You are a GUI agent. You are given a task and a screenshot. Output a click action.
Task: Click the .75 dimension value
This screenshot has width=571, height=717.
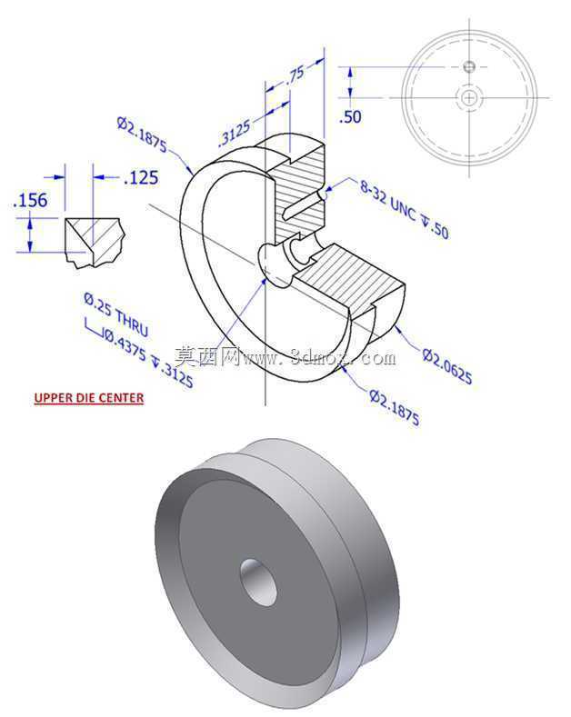pyautogui.click(x=296, y=75)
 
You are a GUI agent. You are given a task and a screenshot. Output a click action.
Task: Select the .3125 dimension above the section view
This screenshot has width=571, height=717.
pyautogui.click(x=235, y=133)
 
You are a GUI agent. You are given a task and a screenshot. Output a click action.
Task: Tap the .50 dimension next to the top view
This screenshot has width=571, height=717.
pyautogui.click(x=350, y=116)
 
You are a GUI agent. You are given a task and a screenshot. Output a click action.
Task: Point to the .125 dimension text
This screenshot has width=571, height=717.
pyautogui.click(x=141, y=177)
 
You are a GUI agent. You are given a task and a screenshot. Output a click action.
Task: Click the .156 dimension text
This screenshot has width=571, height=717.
pyautogui.click(x=30, y=200)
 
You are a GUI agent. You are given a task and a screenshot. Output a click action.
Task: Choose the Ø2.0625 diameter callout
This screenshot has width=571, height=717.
pyautogui.click(x=447, y=366)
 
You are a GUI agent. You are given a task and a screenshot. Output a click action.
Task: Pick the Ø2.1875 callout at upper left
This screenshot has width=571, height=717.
pyautogui.click(x=142, y=134)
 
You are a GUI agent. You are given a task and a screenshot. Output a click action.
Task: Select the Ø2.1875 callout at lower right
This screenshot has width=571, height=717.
pyautogui.click(x=395, y=407)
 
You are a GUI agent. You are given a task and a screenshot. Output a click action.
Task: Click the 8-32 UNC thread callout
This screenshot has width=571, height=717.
pyautogui.click(x=404, y=209)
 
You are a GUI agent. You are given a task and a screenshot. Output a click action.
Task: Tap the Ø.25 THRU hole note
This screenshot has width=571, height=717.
pyautogui.click(x=116, y=314)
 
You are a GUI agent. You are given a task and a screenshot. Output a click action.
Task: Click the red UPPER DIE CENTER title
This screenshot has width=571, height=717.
pyautogui.click(x=89, y=398)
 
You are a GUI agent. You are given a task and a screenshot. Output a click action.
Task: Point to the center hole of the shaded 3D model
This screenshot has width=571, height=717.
pyautogui.click(x=259, y=583)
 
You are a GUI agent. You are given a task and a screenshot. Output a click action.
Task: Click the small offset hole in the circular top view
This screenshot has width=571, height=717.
pyautogui.click(x=469, y=66)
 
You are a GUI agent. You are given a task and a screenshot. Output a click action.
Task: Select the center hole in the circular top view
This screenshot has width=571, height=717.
pyautogui.click(x=469, y=97)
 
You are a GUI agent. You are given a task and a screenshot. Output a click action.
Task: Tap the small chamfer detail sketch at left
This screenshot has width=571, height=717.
pyautogui.click(x=95, y=243)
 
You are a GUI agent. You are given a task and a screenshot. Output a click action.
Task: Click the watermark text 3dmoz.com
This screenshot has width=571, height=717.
pyautogui.click(x=343, y=357)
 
